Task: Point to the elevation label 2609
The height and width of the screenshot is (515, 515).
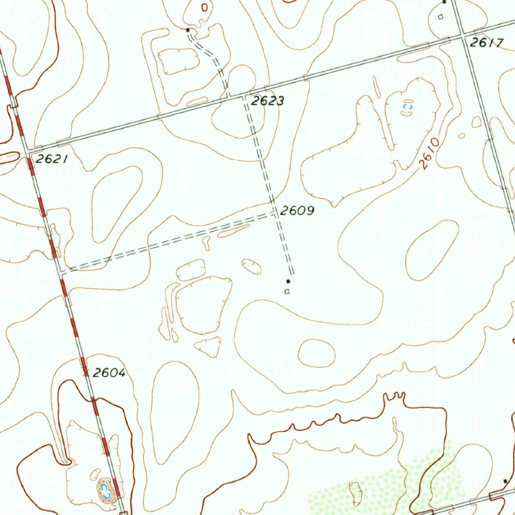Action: (297, 211)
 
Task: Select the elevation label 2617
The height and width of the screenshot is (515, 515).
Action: (486, 43)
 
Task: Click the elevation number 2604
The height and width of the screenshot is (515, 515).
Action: (109, 373)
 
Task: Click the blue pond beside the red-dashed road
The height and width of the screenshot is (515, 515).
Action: (106, 490)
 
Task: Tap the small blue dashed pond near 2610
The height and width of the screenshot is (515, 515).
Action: (408, 107)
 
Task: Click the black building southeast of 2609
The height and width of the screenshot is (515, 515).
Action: (288, 281)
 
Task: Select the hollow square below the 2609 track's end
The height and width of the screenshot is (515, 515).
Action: (287, 291)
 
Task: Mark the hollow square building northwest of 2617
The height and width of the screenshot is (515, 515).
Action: (441, 17)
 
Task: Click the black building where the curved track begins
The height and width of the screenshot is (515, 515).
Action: (188, 30)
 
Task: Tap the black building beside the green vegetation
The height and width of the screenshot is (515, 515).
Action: (505, 481)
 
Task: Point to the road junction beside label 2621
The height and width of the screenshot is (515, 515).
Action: (28, 150)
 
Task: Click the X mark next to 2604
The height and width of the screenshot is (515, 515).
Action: (86, 372)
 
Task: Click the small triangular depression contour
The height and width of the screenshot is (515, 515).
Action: (209, 346)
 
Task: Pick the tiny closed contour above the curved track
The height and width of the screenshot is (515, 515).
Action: (204, 7)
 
